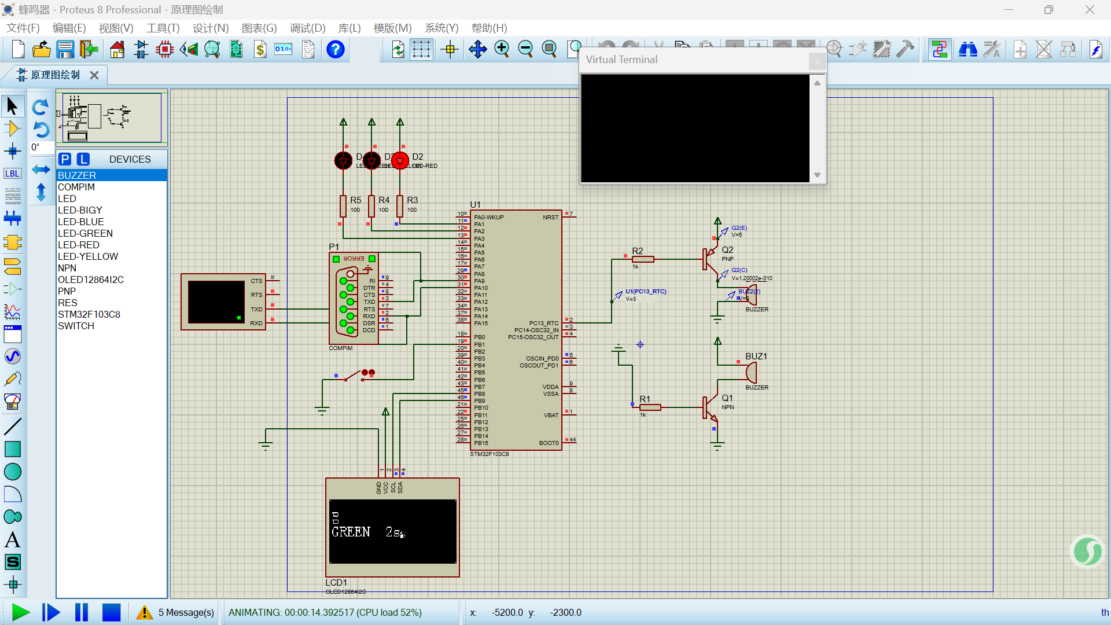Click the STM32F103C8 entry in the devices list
click(89, 314)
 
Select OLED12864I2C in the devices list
click(91, 280)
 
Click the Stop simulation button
click(111, 612)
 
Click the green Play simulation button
click(21, 612)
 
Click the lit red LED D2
click(400, 160)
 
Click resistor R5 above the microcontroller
click(343, 205)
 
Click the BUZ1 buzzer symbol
click(751, 372)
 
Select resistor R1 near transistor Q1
click(650, 407)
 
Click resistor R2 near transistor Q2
click(643, 259)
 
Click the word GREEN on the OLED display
click(351, 532)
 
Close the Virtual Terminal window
click(817, 61)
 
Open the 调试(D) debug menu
click(307, 28)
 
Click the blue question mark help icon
click(335, 50)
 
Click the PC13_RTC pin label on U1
click(543, 323)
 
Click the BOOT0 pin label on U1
click(549, 443)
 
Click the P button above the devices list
click(65, 159)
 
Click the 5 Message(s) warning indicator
click(176, 612)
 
